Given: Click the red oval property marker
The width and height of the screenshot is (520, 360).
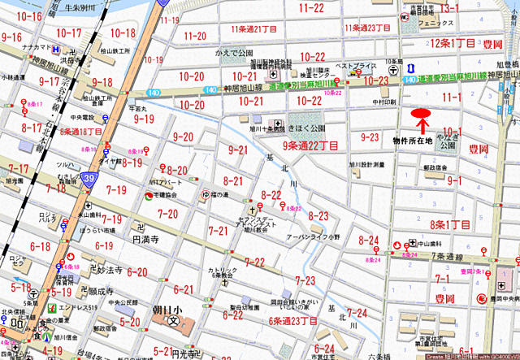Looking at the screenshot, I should tap(421, 115).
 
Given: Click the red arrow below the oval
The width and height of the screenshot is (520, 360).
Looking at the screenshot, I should tap(422, 128).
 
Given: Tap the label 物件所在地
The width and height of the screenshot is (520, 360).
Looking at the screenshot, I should tap(414, 139).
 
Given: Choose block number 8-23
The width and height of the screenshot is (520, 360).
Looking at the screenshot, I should tap(318, 215).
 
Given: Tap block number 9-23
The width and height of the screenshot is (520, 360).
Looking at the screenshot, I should tap(370, 137).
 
